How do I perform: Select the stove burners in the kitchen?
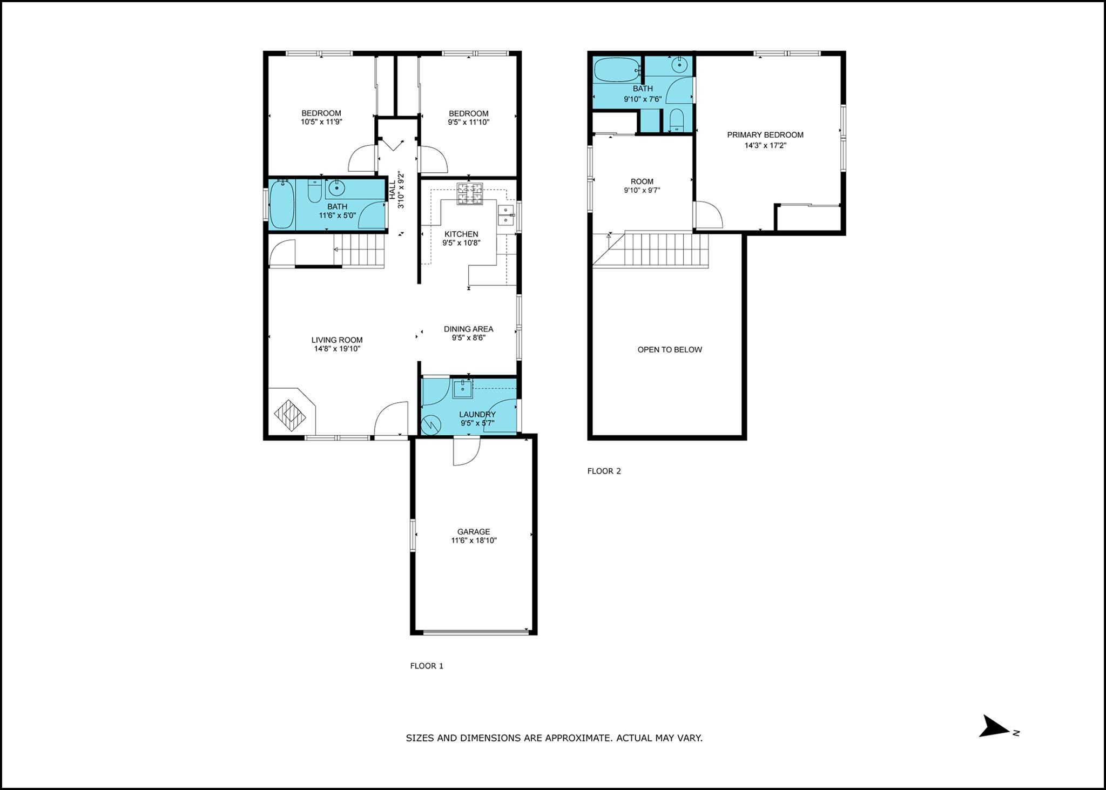click(x=469, y=194)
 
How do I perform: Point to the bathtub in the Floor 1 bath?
click(x=281, y=204)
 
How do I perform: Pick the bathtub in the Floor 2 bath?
click(x=616, y=70)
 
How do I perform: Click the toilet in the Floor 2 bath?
click(x=676, y=120)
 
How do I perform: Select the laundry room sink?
click(x=463, y=389)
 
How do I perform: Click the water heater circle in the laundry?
click(x=431, y=424)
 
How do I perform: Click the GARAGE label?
click(x=474, y=532)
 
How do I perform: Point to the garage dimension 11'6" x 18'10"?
click(x=474, y=541)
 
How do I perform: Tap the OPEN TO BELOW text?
click(x=670, y=350)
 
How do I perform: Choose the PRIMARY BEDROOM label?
click(x=765, y=135)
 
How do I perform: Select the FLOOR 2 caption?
click(x=604, y=471)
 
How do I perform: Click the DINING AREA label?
click(x=468, y=329)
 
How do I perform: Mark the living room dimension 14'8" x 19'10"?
click(x=336, y=349)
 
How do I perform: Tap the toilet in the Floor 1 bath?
click(x=314, y=191)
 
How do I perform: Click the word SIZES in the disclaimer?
click(x=419, y=738)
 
